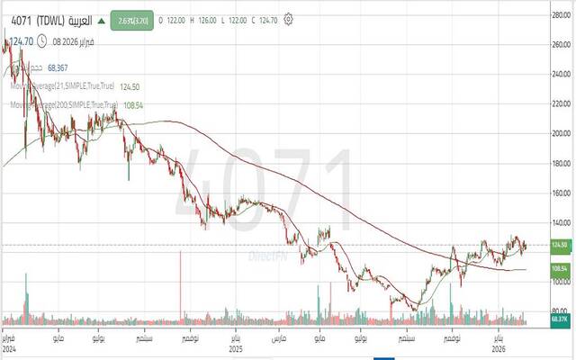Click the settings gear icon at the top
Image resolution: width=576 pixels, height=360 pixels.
[x=288, y=17]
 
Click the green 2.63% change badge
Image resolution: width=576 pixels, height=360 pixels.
[x=130, y=18]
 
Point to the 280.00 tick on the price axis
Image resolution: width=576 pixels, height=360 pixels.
[x=560, y=13]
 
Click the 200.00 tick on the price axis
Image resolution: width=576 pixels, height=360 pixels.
[x=560, y=133]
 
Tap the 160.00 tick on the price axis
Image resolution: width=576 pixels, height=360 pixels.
[x=560, y=193]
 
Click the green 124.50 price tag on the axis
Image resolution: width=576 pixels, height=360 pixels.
[x=560, y=245]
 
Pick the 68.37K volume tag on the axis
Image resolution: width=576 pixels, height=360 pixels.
[x=560, y=319]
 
